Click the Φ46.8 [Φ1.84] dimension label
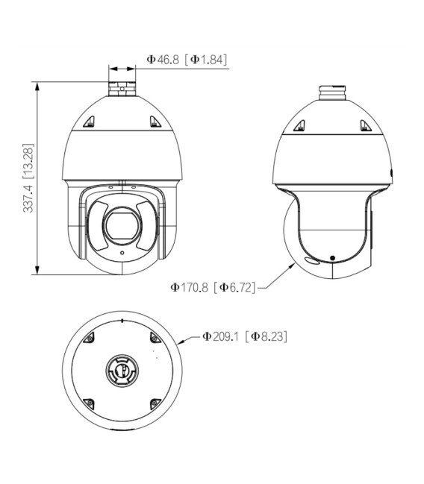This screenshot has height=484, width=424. tap(187, 59)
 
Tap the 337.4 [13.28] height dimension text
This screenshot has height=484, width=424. tap(28, 178)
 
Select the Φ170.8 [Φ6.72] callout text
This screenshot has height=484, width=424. tap(213, 287)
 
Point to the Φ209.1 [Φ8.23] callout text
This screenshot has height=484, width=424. tap(244, 336)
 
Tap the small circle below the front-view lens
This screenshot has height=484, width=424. tap(122, 253)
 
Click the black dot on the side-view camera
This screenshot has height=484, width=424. tap(332, 258)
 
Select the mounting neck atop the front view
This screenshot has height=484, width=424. tap(122, 89)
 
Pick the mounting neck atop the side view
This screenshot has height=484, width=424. tap(332, 93)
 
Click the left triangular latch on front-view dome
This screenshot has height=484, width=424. tap(89, 122)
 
